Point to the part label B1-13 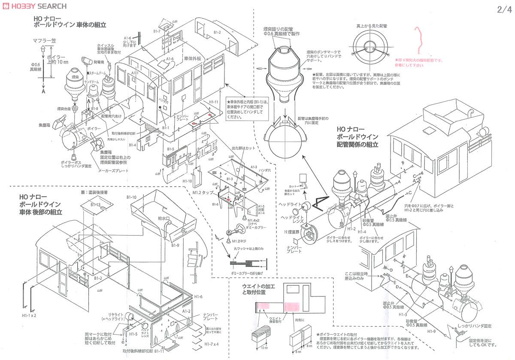pos(95,205)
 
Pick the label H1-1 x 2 pos(30,315)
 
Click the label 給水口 pos(164,218)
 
